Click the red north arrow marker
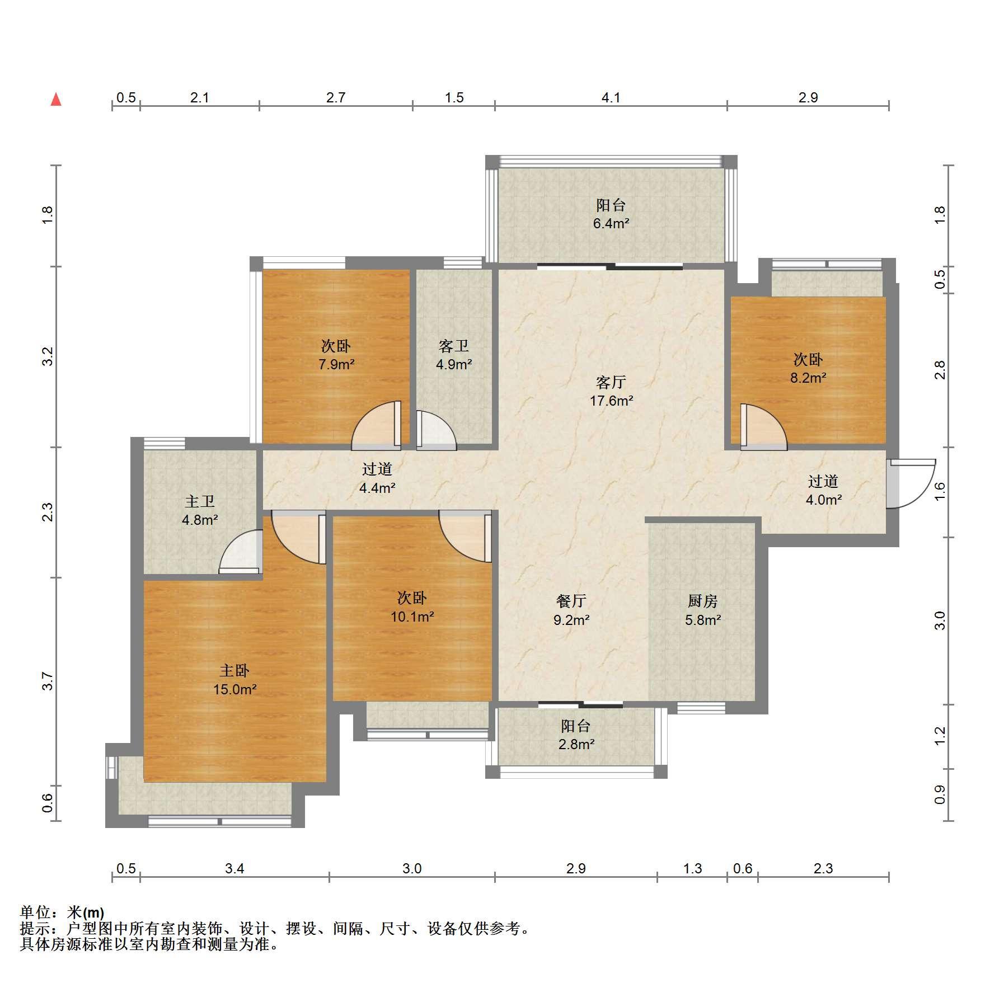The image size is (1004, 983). [56, 100]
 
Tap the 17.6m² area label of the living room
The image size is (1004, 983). [611, 401]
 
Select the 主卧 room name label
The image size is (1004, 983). [234, 670]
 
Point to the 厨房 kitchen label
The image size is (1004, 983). [702, 601]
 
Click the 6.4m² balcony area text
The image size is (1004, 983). [611, 224]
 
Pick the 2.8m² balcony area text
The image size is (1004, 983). [576, 744]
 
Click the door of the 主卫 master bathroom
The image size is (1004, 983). [241, 552]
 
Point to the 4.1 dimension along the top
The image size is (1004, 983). [611, 97]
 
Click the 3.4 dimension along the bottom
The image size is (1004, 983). [234, 868]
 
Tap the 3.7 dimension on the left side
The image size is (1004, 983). [48, 681]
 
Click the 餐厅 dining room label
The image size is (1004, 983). [571, 601]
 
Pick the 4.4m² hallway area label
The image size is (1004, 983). [377, 488]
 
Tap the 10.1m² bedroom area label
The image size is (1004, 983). [412, 617]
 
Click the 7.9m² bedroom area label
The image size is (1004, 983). [336, 365]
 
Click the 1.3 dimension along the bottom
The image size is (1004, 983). [692, 868]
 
